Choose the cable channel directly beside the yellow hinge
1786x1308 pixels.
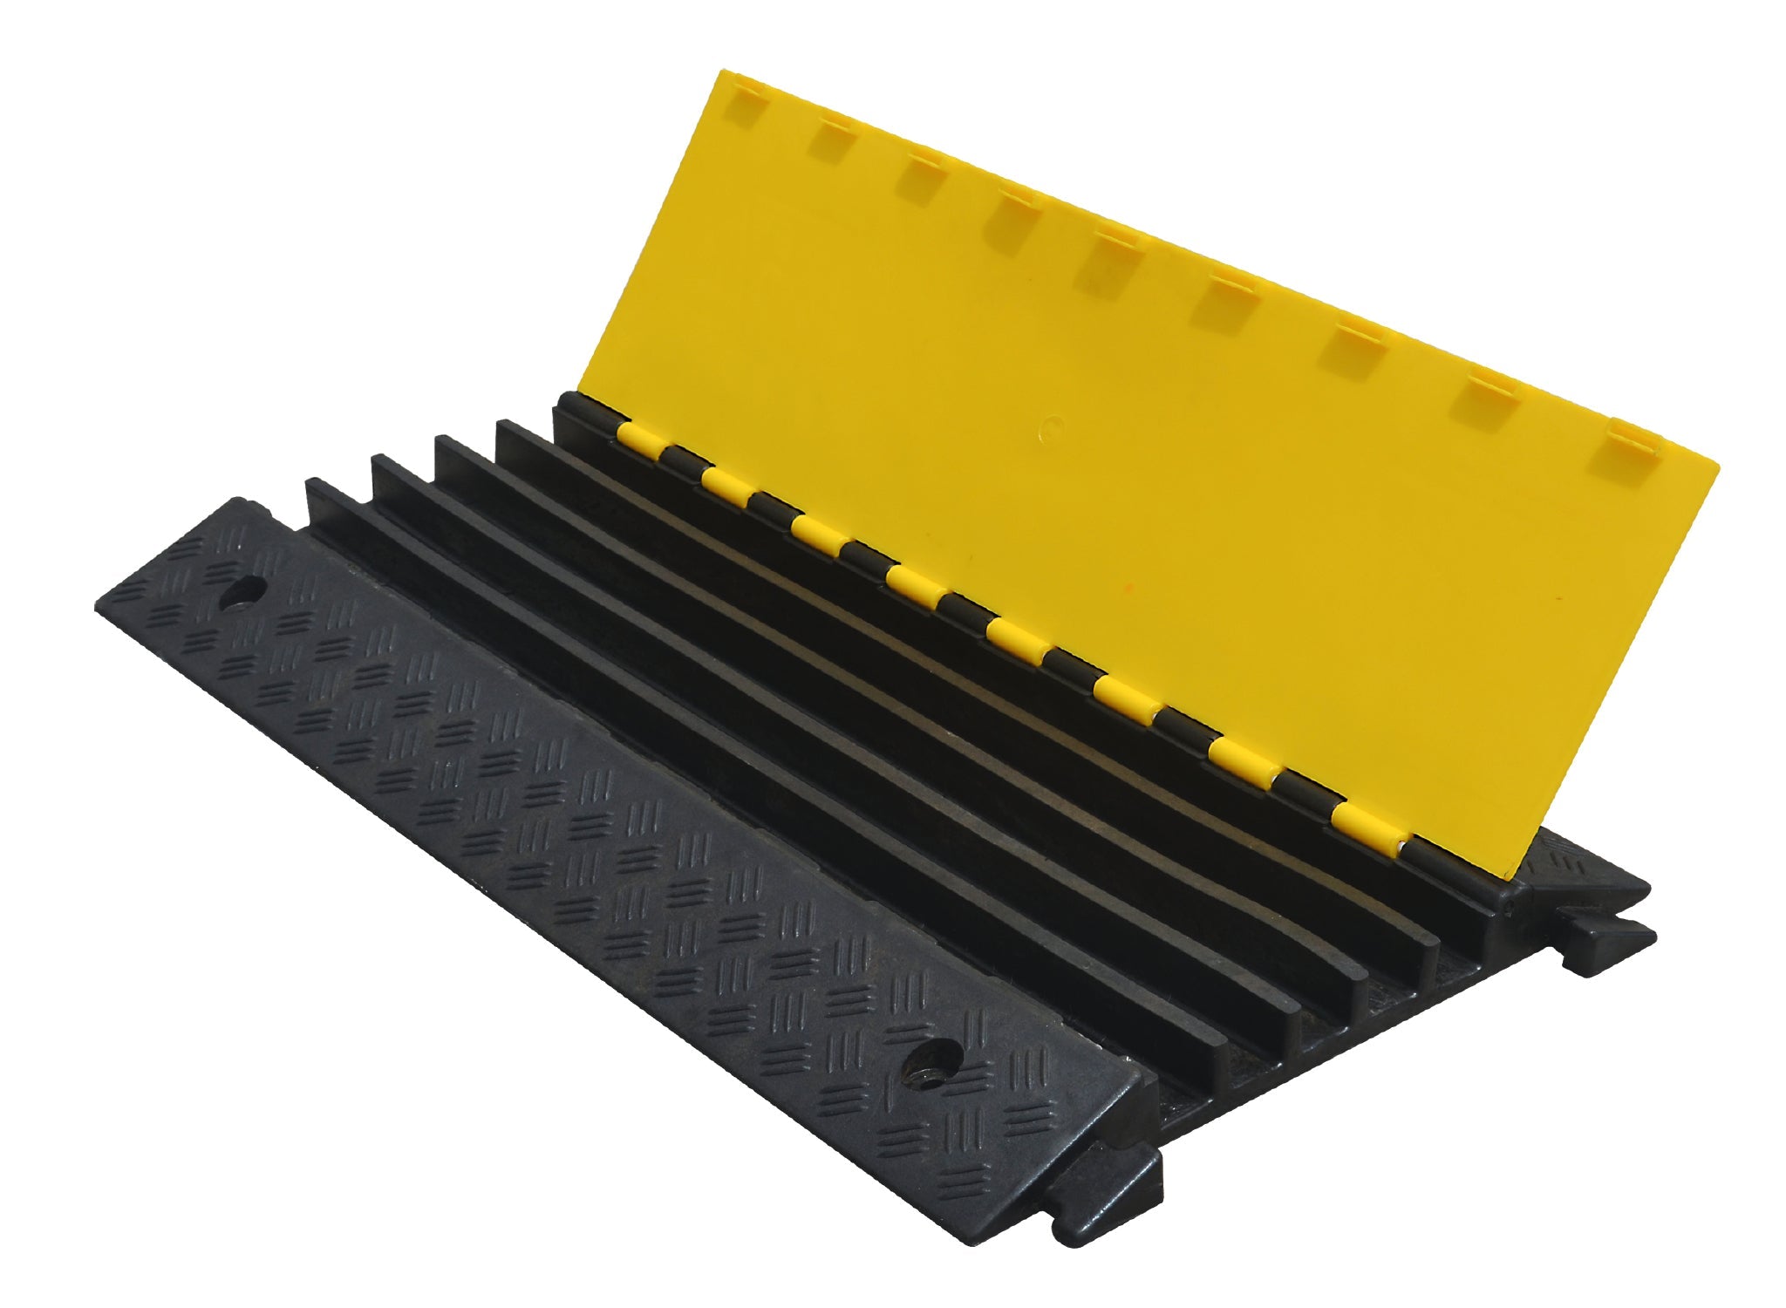(x=1003, y=663)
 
